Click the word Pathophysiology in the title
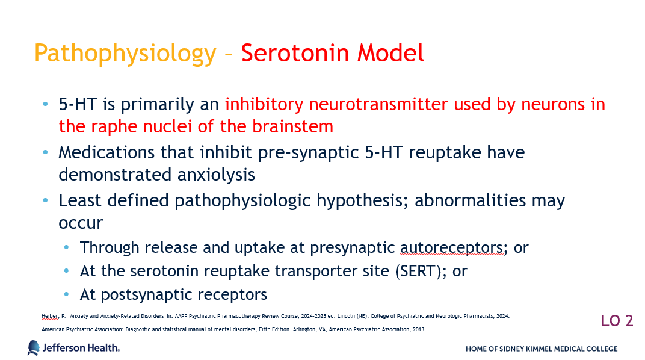tap(125, 54)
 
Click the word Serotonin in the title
tap(295, 52)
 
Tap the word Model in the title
tap(390, 52)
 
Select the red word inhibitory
tap(264, 105)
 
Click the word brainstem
tap(292, 126)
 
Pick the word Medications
tap(106, 153)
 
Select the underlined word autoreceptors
tap(451, 247)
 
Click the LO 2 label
tap(617, 321)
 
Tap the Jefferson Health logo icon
tap(33, 348)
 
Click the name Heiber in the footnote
tap(50, 317)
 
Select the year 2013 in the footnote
tap(419, 329)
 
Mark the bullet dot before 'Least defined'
tap(45, 201)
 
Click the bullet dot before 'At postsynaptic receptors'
tap(67, 294)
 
